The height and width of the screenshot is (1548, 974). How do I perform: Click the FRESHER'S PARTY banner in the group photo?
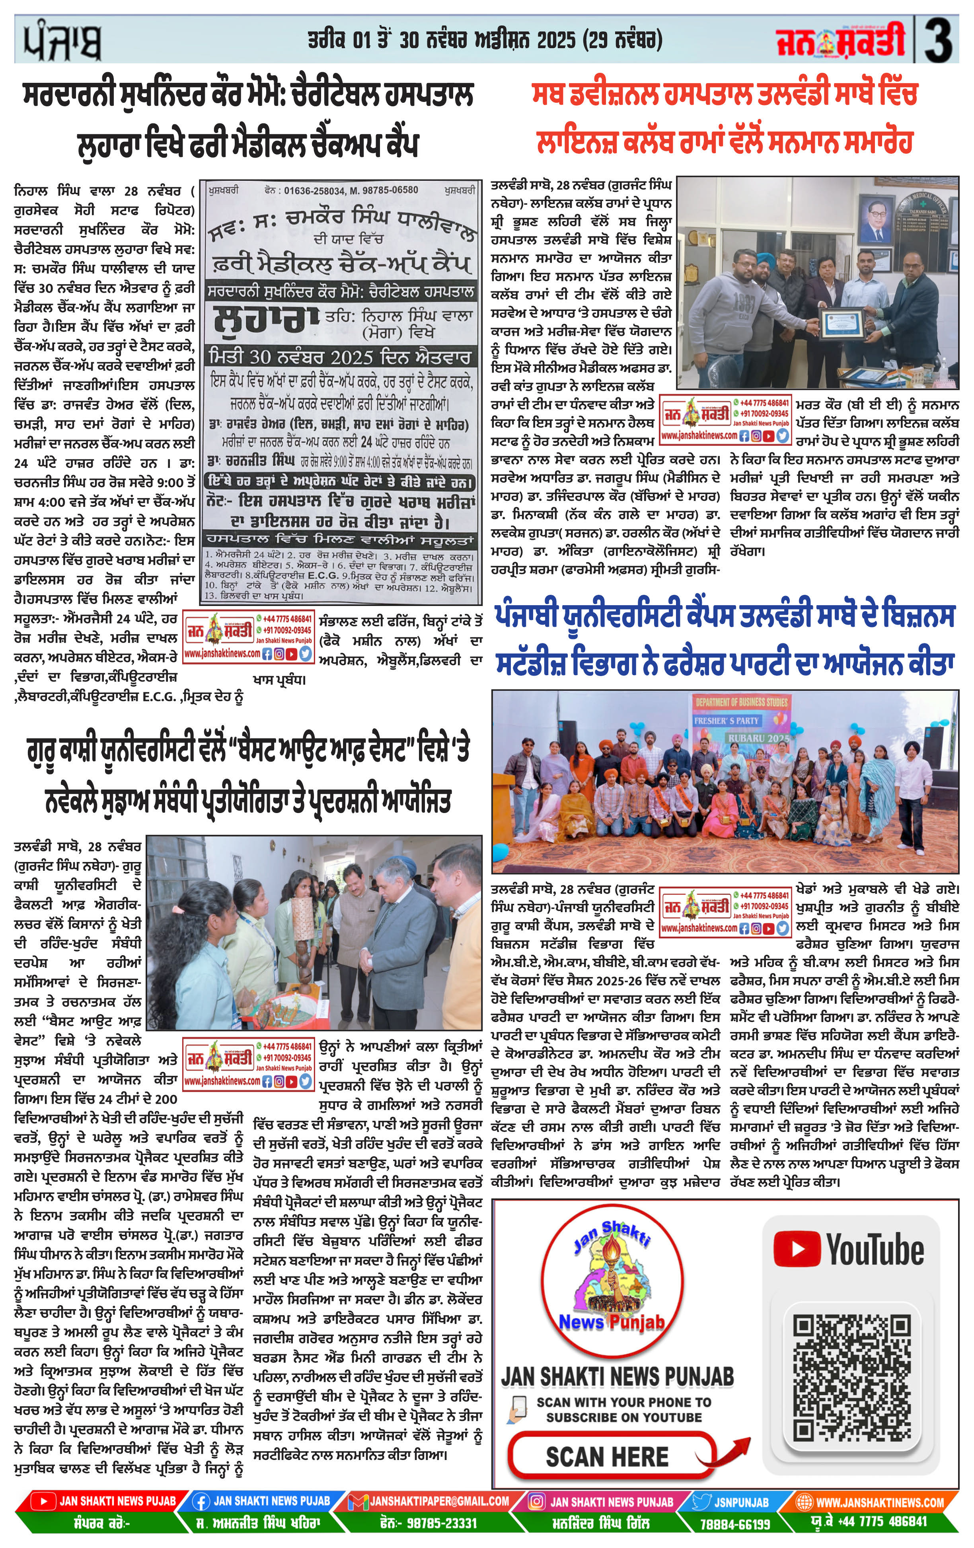click(726, 721)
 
